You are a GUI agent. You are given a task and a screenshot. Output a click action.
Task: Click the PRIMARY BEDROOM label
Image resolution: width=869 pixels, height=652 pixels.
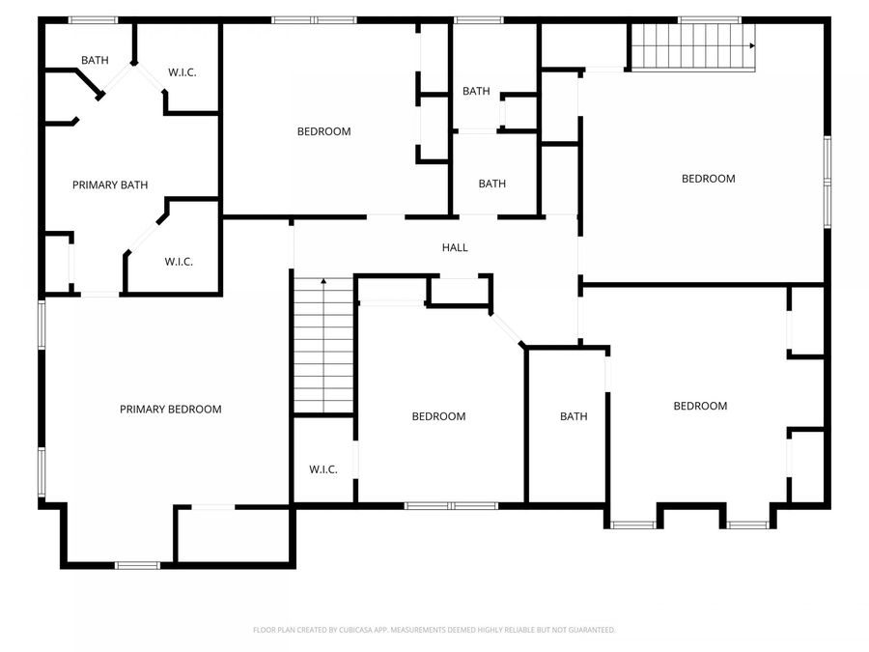(x=170, y=409)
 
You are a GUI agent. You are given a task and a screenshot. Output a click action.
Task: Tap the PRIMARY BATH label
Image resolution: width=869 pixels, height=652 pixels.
(x=110, y=184)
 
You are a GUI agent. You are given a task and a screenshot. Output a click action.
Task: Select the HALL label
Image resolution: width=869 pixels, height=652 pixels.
(x=455, y=247)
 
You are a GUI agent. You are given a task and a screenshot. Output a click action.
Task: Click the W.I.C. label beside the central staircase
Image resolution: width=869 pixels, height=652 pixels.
(x=322, y=469)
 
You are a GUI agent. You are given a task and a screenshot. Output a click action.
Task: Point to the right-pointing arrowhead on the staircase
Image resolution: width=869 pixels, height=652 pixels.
(x=751, y=45)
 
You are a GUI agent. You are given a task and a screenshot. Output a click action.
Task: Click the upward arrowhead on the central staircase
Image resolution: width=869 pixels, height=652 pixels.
(x=323, y=281)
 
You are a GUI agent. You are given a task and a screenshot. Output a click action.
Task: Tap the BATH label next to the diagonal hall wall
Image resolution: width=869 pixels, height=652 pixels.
(x=574, y=416)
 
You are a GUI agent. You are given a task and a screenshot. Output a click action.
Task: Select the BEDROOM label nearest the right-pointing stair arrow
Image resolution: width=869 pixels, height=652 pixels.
(x=708, y=178)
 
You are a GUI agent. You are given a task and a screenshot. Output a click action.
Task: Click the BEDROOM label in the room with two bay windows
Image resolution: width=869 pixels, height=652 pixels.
(x=700, y=406)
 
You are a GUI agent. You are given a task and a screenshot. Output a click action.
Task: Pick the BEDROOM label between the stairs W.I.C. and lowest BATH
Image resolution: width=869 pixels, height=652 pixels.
(x=438, y=416)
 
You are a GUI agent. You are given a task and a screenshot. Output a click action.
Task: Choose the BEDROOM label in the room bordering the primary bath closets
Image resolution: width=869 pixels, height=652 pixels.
(x=323, y=131)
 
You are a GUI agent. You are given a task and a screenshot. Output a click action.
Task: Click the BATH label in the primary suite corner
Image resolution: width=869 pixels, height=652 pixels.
(x=95, y=60)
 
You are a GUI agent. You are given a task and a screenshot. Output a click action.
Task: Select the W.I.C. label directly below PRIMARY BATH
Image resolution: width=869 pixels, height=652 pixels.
(x=179, y=261)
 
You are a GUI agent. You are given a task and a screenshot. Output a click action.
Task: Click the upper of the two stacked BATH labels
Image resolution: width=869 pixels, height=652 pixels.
(x=476, y=91)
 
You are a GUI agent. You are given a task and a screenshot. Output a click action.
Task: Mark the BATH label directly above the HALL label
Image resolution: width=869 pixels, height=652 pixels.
(x=491, y=184)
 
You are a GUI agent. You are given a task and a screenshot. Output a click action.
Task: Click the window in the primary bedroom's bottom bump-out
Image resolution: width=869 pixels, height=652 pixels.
(x=137, y=564)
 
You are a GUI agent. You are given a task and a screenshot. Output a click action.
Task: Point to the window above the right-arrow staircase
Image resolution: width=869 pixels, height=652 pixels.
(x=709, y=19)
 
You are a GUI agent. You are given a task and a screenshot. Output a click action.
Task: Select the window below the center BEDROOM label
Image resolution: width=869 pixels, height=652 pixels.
(x=451, y=505)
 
